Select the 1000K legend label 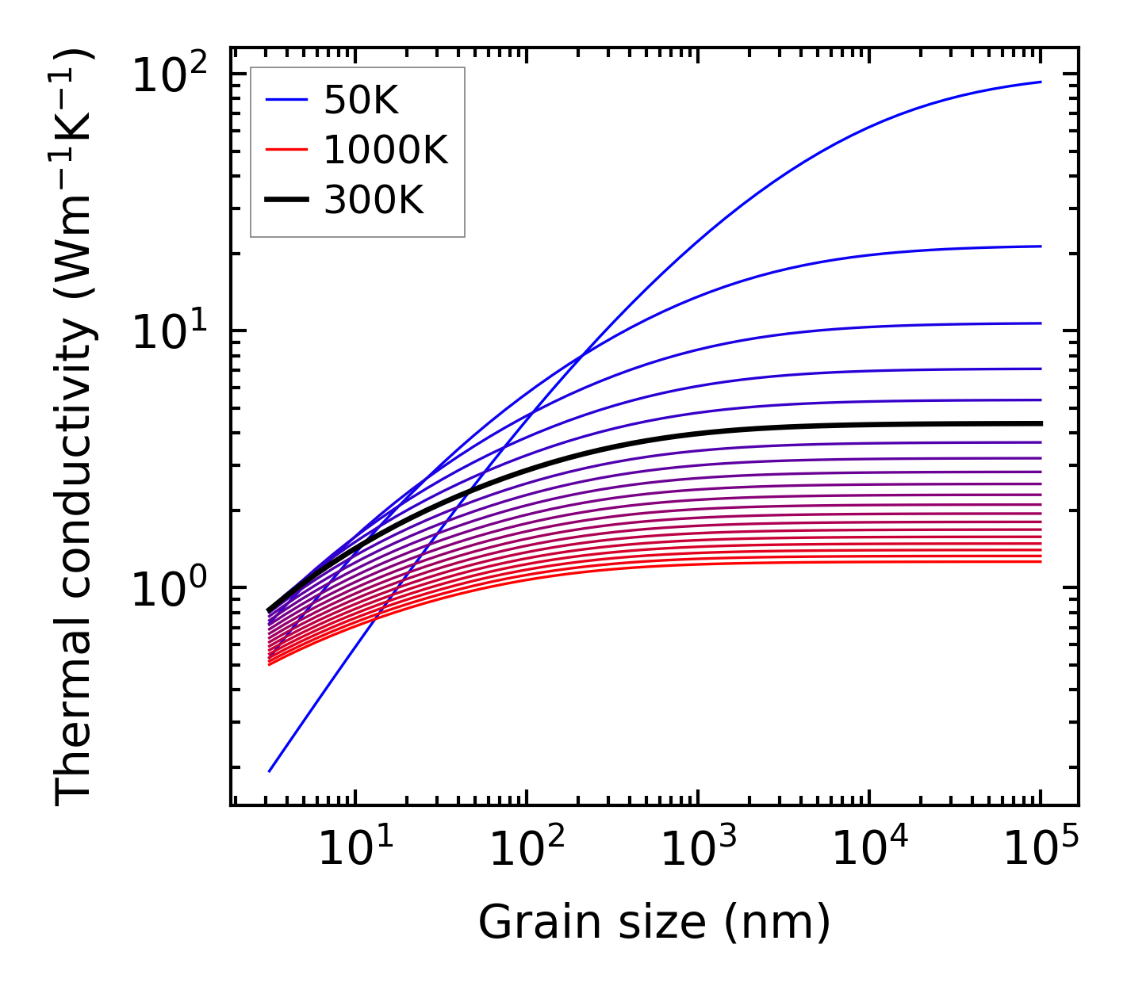tap(385, 150)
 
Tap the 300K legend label tap(374, 201)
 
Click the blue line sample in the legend tap(286, 100)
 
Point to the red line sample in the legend tap(286, 150)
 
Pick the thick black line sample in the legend tap(286, 201)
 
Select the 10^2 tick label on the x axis tap(527, 848)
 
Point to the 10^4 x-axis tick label tap(869, 848)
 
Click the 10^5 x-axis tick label tap(1041, 848)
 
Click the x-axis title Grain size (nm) tap(654, 923)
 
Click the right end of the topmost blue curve tap(1041, 82)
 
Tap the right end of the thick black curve tap(1041, 423)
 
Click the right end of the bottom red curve tap(1041, 561)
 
